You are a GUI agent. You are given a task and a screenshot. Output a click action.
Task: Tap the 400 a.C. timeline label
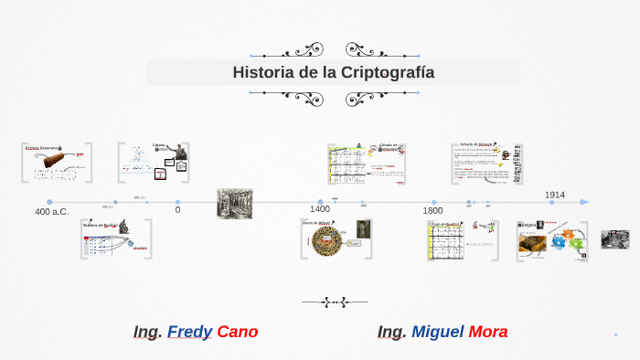51,212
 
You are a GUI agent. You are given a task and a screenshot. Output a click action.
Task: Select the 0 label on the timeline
177,210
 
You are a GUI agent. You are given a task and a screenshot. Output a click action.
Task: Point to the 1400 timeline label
320,210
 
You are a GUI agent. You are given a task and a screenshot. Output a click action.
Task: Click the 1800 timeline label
432,211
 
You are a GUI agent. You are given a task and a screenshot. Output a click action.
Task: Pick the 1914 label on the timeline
555,195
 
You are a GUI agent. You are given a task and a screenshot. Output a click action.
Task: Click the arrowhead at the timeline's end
585,202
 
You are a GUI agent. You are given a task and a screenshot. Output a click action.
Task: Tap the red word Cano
237,332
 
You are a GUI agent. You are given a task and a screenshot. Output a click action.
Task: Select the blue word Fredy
189,332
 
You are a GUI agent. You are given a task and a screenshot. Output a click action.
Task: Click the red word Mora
487,332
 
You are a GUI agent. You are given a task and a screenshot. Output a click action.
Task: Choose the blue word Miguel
437,332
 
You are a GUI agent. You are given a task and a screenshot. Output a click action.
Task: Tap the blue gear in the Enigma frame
558,243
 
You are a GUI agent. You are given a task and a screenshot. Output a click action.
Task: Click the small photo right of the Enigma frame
614,239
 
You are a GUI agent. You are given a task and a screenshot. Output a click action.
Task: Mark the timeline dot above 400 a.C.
49,202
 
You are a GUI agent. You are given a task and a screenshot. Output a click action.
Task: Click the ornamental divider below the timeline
335,300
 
